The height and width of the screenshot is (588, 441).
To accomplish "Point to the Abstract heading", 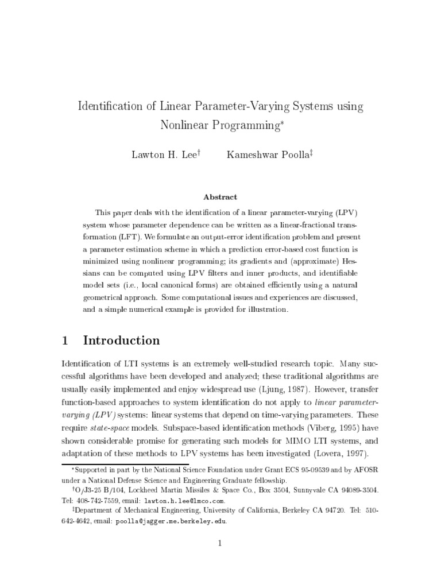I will (220, 197).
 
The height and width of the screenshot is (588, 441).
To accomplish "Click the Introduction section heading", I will (122, 341).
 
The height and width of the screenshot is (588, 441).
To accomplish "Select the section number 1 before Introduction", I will (65, 341).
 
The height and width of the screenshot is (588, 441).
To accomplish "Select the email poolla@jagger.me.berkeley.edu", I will (172, 521).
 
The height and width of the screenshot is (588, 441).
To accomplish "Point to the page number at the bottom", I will (220, 543).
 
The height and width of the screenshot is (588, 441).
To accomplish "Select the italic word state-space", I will (111, 428).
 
